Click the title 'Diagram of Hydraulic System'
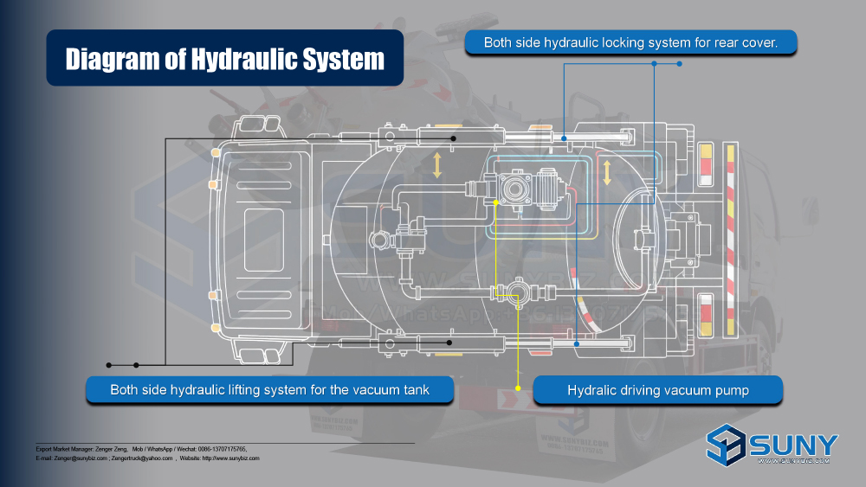click(x=225, y=59)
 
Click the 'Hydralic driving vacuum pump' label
click(x=658, y=391)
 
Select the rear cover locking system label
click(x=630, y=42)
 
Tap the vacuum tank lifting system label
click(x=269, y=390)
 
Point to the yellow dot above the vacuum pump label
click(x=519, y=388)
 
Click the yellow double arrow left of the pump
click(x=437, y=165)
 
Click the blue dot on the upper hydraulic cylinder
click(x=564, y=138)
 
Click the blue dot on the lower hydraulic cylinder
click(x=578, y=343)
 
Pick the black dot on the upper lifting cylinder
click(x=452, y=138)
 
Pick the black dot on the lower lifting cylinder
click(x=449, y=343)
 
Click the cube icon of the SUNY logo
click(x=726, y=445)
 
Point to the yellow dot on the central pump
click(x=495, y=202)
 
